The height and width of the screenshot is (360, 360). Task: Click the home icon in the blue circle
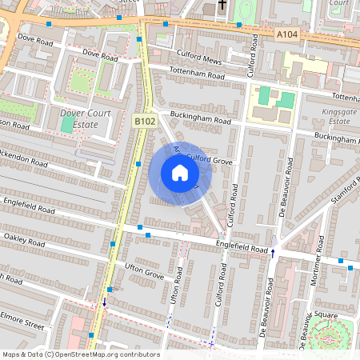[180, 172]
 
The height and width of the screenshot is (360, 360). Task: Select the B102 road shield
[144, 120]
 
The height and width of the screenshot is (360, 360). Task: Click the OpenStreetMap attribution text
[81, 354]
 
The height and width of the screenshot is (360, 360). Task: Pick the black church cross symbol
[222, 6]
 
